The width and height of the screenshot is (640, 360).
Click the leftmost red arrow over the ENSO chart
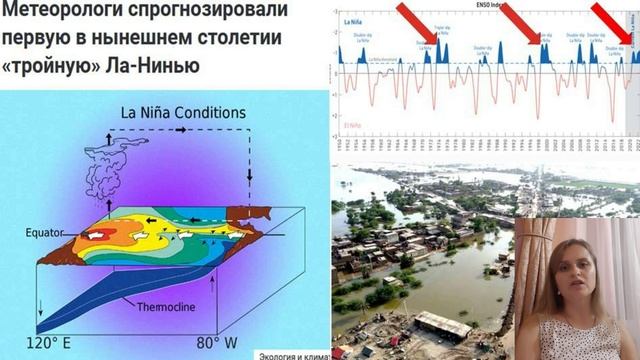tap(418, 23)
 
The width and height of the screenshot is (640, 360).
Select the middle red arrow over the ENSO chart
tap(526, 23)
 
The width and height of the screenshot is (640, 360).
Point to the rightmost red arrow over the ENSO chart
tap(615, 20)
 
